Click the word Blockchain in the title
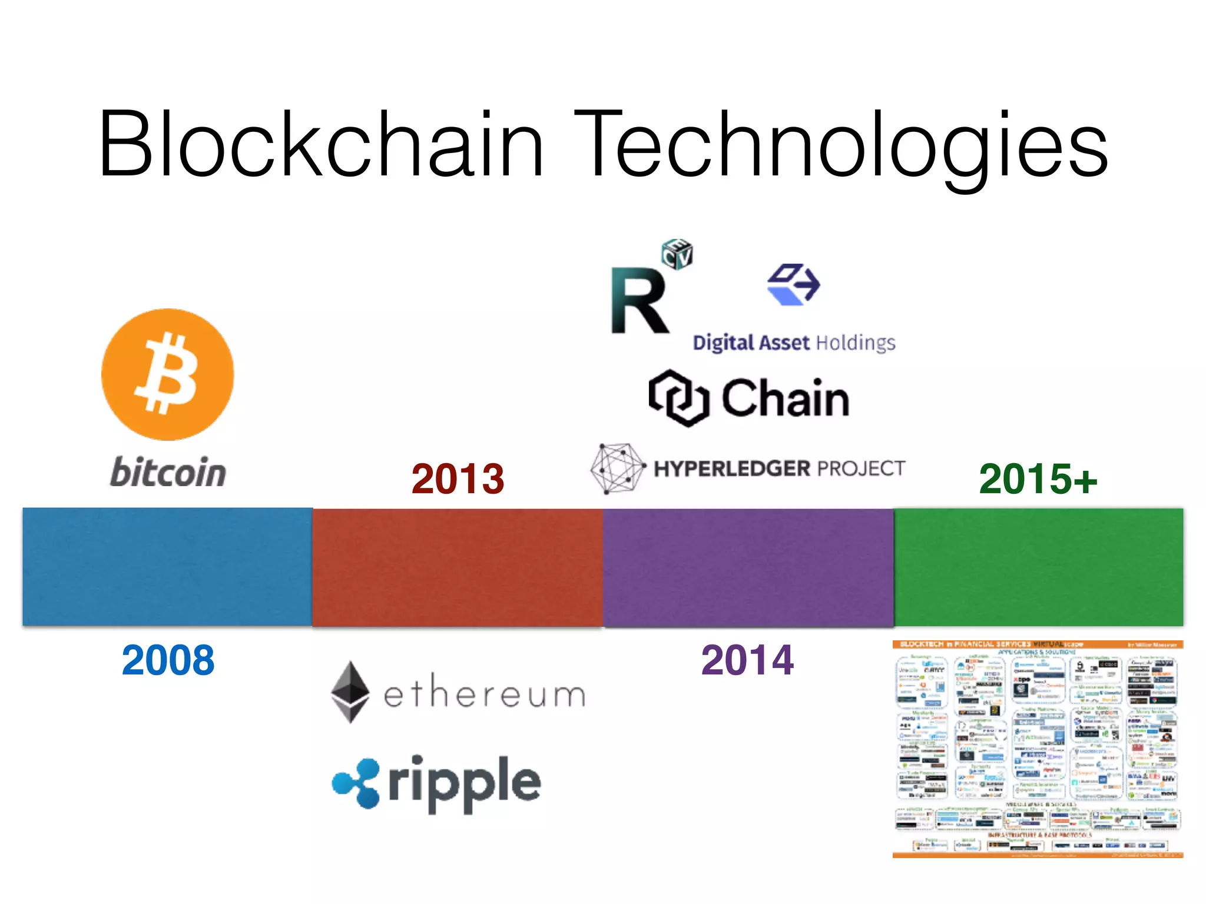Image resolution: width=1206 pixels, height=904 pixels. coord(321,144)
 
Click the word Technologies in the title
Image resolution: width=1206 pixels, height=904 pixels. coord(841,144)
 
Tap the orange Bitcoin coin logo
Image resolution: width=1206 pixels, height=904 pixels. coord(168,374)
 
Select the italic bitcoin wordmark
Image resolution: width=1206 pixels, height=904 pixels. coord(168,472)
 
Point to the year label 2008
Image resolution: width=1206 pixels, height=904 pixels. coord(168,660)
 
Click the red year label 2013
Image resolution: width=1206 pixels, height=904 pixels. coord(458,478)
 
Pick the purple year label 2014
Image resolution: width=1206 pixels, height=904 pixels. coord(747,660)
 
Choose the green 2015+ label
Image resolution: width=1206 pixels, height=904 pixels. coord(1038,478)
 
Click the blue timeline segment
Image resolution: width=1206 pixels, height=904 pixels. coord(168,567)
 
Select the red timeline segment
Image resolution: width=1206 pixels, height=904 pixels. coord(458,567)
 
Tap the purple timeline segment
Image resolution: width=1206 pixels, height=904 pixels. coord(748,567)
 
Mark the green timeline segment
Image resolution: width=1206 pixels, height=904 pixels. coord(1038,567)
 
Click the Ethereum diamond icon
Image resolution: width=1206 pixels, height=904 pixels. coord(350,692)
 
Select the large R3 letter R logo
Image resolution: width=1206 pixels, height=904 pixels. coord(639,300)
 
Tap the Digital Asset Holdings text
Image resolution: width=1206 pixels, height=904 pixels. coord(793,343)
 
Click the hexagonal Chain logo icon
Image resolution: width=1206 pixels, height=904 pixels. coord(678,398)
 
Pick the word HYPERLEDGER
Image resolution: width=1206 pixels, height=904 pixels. coord(732,468)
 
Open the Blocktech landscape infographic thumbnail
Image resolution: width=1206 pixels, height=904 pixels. coord(1038,749)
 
